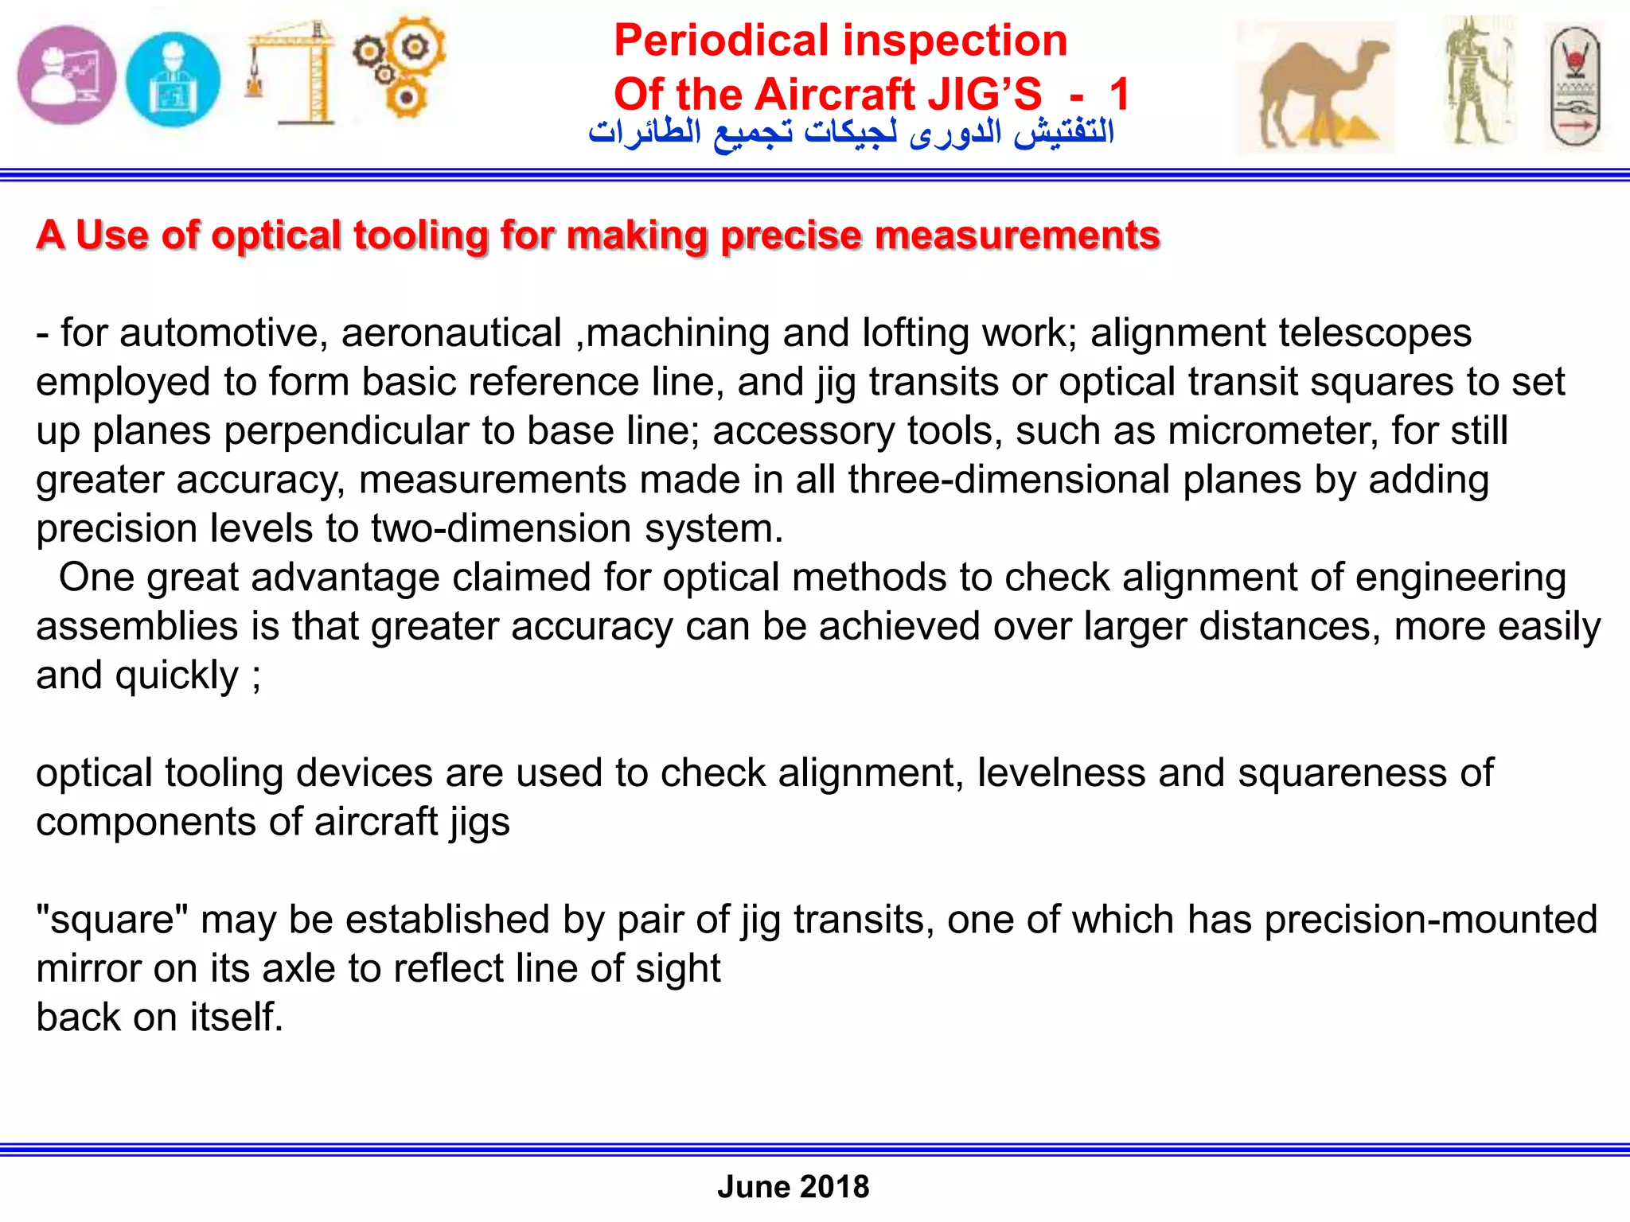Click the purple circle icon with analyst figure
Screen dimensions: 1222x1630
(67, 75)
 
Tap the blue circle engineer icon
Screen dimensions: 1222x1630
(173, 79)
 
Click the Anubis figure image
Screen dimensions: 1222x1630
(1479, 82)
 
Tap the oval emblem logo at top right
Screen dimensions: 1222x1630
(1575, 87)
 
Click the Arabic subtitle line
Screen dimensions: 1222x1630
(851, 132)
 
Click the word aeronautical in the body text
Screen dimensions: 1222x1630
(451, 333)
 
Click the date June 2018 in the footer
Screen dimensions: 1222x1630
(793, 1186)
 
